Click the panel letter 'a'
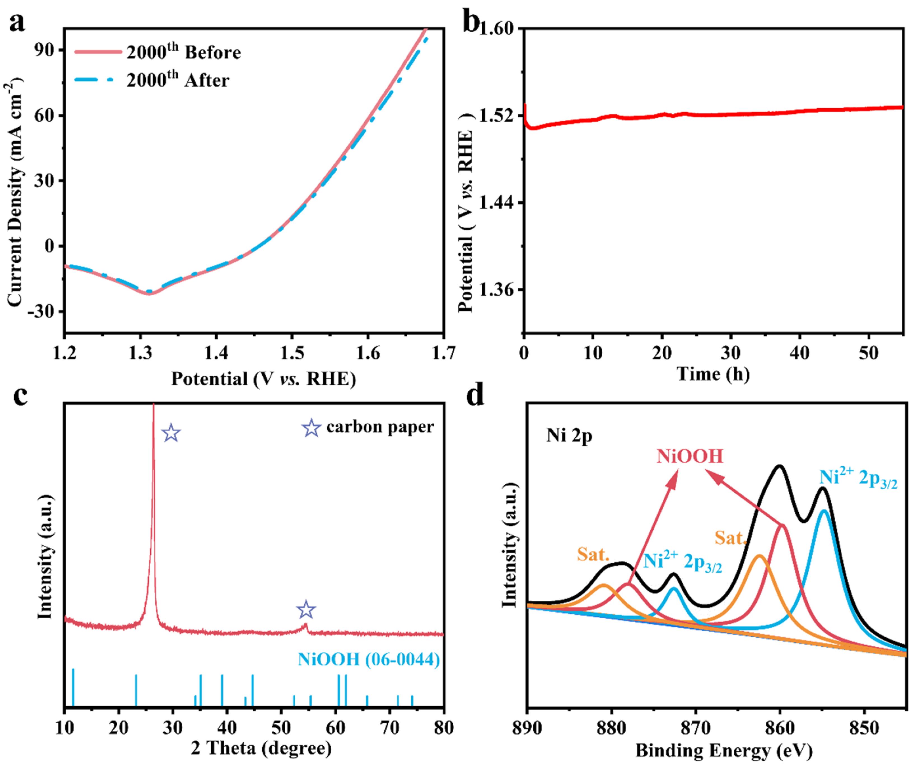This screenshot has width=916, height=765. tap(17, 23)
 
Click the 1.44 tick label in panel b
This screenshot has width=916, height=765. tap(497, 203)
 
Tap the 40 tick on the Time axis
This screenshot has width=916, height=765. tap(800, 352)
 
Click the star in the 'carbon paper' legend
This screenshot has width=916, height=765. tap(311, 428)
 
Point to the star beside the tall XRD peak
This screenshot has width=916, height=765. tap(171, 433)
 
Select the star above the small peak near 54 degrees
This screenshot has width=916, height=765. tap(306, 610)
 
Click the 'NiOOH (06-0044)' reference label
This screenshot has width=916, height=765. tap(369, 659)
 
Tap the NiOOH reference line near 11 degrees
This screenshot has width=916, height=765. tap(73, 687)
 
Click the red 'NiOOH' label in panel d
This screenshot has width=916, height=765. tap(690, 457)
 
